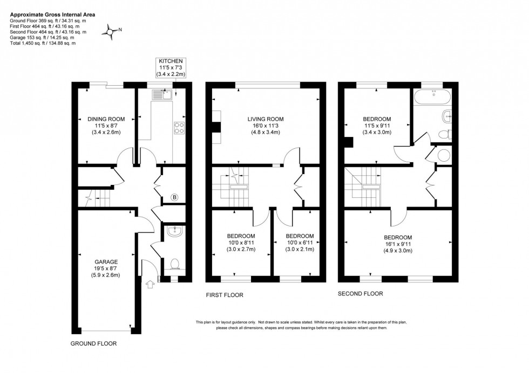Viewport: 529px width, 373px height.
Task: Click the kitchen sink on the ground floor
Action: pyautogui.click(x=160, y=95)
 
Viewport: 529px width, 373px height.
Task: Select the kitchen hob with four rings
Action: pyautogui.click(x=179, y=128)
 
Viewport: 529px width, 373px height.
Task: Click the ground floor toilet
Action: pyautogui.click(x=174, y=264)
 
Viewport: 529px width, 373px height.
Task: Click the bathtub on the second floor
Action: pyautogui.click(x=430, y=96)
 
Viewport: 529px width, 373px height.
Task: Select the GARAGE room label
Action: pyautogui.click(x=106, y=261)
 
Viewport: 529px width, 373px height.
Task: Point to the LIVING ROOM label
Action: pyautogui.click(x=265, y=119)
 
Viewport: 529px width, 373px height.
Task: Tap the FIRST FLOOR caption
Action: pyautogui.click(x=225, y=295)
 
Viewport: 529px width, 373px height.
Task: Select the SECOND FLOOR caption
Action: pyautogui.click(x=360, y=294)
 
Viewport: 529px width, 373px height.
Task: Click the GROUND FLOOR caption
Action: pyautogui.click(x=93, y=343)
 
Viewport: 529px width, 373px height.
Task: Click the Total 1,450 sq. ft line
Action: pyautogui.click(x=43, y=43)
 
